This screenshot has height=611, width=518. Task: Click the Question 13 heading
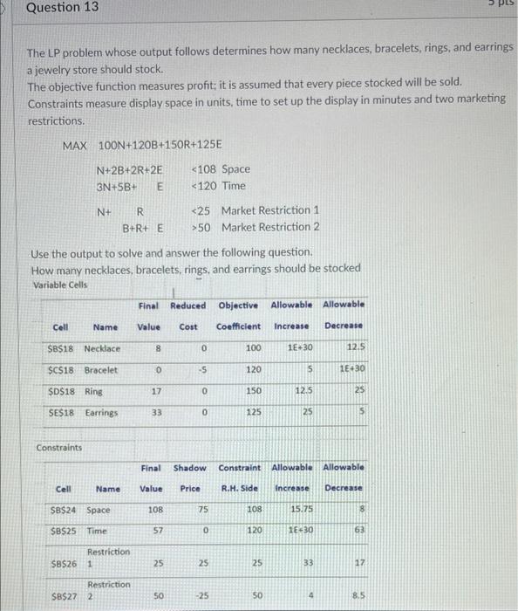click(x=62, y=8)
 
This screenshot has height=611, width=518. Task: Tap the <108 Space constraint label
click(x=221, y=169)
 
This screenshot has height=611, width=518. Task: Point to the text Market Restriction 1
click(x=270, y=210)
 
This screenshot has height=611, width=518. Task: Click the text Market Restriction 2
click(x=270, y=227)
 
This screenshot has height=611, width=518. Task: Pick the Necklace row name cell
click(x=103, y=348)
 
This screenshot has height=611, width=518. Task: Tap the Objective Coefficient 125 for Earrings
click(x=253, y=411)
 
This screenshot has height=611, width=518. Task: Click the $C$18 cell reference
click(x=60, y=369)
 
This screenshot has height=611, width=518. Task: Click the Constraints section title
click(x=60, y=449)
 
